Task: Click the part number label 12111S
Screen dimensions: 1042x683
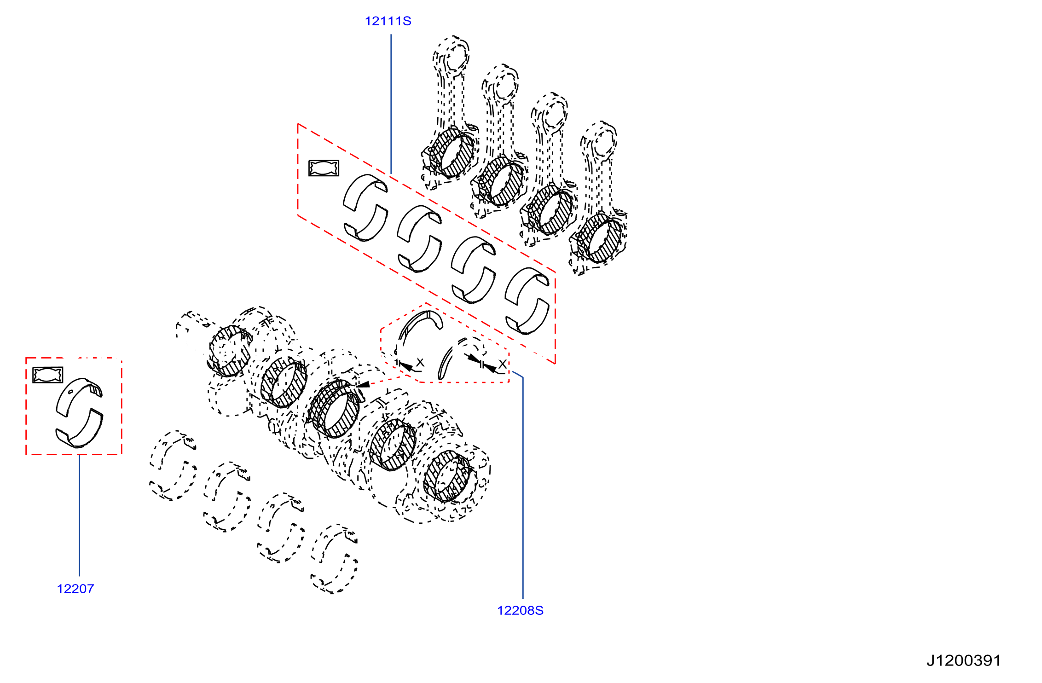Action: pos(388,21)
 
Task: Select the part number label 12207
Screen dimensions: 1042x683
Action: pos(75,589)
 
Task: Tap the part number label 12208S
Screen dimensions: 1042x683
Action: pos(520,610)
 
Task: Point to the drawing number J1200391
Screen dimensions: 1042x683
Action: pos(964,660)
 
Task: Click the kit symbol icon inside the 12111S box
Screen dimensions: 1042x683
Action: pos(324,168)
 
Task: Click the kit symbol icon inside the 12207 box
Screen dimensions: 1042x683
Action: pos(47,375)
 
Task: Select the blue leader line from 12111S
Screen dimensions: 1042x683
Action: pos(391,104)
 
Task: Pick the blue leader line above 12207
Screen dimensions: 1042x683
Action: pos(79,515)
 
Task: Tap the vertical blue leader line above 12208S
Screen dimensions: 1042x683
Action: pos(523,488)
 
